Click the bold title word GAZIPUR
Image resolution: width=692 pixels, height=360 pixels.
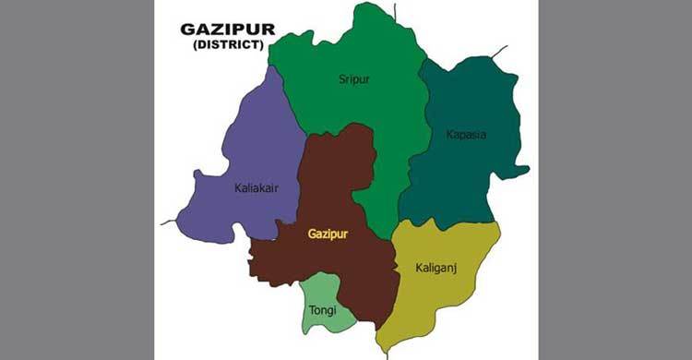click(228, 30)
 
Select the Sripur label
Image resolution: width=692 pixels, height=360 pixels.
click(354, 79)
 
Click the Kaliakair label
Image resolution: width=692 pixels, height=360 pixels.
click(257, 188)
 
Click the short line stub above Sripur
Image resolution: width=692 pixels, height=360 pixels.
click(395, 11)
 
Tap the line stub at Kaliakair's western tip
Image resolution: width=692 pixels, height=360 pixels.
click(168, 222)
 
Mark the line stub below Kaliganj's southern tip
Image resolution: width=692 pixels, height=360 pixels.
click(390, 351)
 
